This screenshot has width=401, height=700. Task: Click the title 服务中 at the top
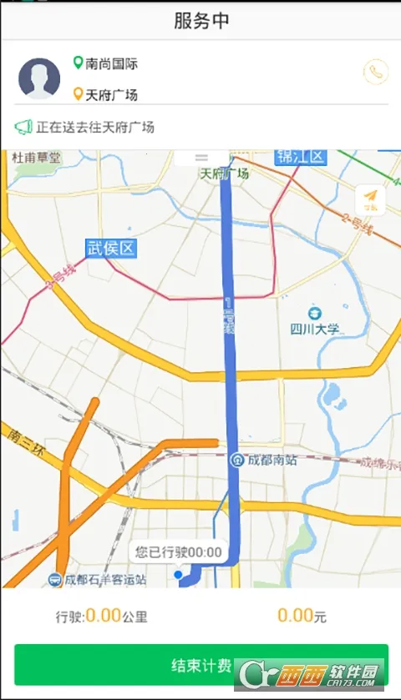pos(200,21)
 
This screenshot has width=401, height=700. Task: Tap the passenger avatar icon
pos(39,78)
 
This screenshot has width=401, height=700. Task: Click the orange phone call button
pos(376,72)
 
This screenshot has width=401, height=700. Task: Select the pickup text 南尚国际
pos(111,63)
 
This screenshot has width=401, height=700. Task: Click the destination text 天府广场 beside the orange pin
pos(111,94)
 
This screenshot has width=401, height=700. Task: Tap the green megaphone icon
pos(23,128)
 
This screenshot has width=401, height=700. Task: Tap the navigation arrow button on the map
pos(370,199)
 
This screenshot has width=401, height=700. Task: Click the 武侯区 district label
pos(110,248)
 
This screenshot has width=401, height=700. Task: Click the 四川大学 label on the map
pos(315,329)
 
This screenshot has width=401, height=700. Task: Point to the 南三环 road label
pos(24,442)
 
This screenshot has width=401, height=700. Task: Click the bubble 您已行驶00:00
pos(179,551)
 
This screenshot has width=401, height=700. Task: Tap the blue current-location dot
pos(178,575)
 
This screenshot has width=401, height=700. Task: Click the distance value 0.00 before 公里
pos(104,617)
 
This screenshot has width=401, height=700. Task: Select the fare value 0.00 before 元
pos(295,617)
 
